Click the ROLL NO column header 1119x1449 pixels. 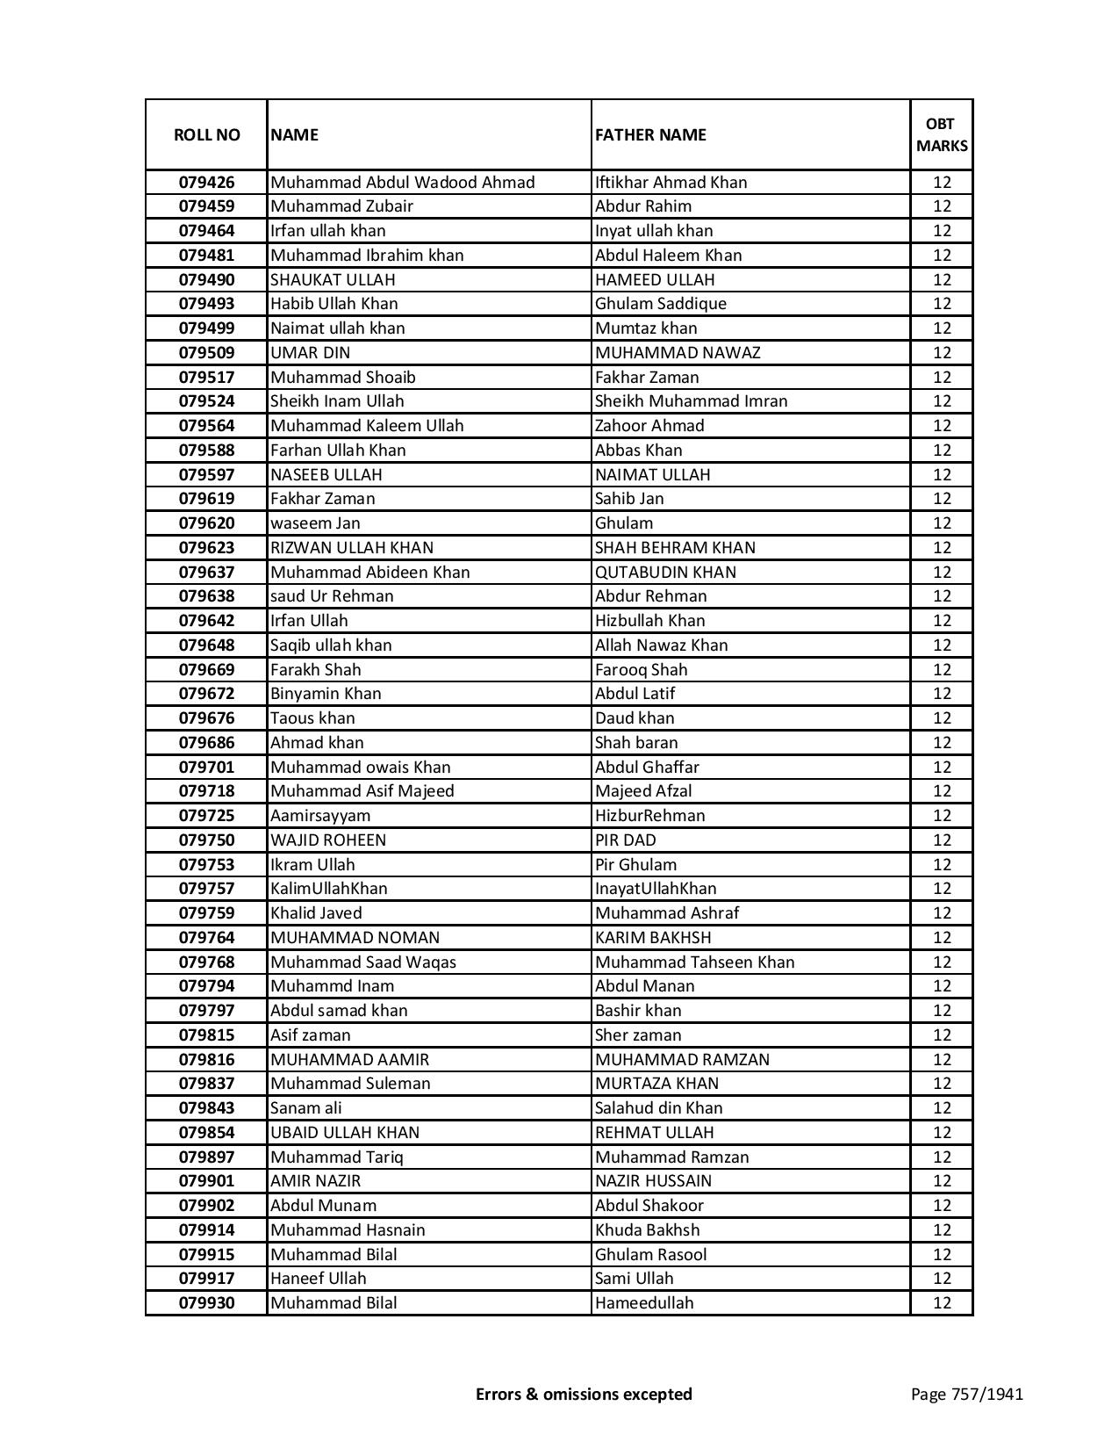coord(206,134)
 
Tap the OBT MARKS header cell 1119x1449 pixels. coord(942,134)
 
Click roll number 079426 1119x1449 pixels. coord(206,183)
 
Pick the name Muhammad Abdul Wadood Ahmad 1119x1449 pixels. coord(402,183)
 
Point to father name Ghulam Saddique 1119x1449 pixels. coord(660,304)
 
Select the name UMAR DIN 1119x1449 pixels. coord(310,353)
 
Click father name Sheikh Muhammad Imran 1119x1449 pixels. coord(691,401)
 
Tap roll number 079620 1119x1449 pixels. coord(206,523)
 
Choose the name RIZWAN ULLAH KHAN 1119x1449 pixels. coord(351,548)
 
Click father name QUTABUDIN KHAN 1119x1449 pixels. coord(665,573)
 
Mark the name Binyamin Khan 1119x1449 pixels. coord(326,694)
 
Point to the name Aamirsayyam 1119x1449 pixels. coord(320,816)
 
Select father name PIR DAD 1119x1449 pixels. coord(625,840)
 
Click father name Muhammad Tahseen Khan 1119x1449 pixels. coord(694,962)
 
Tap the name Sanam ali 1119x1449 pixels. coord(306,1108)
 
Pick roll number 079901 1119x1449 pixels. coord(206,1181)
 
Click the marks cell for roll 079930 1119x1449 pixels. coord(942,1303)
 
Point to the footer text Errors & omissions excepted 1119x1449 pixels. coord(584,1394)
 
